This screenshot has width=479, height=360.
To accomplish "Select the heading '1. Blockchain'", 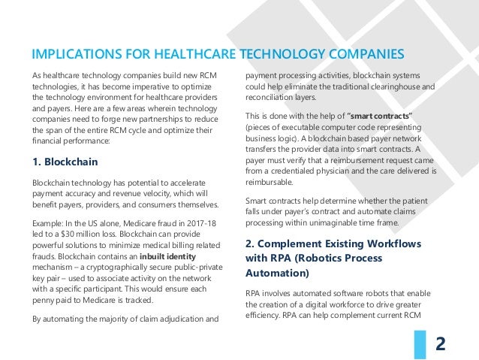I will [x=65, y=161].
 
